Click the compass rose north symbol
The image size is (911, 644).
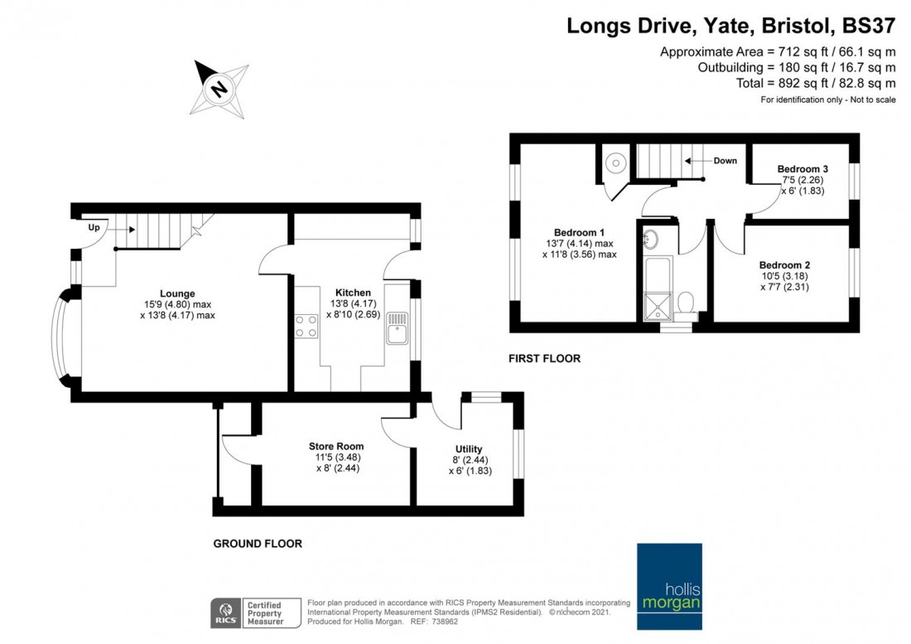(219, 87)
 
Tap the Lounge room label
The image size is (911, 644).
(178, 293)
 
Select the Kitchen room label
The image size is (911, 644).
(353, 293)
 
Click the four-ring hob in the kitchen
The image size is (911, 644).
(306, 326)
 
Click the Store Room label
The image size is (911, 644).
(336, 446)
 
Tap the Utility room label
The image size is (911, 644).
(469, 449)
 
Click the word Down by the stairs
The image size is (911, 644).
(725, 161)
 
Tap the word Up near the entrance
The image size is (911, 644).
(95, 226)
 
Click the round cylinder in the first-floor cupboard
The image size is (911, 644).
(615, 162)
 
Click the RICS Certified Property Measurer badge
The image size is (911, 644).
(248, 612)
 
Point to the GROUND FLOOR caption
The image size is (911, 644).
(258, 544)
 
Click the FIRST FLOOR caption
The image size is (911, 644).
(544, 359)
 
